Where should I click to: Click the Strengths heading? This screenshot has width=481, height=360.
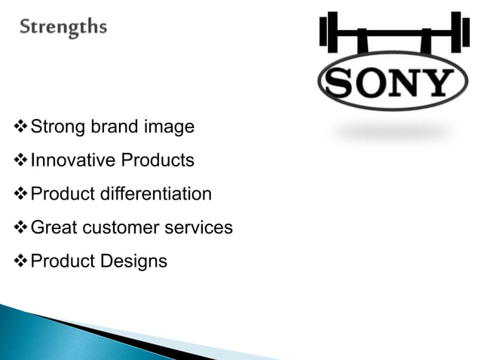(63, 28)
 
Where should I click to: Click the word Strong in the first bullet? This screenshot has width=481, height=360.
(57, 127)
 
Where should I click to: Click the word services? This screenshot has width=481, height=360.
(201, 227)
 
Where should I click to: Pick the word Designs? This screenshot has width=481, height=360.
(134, 261)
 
